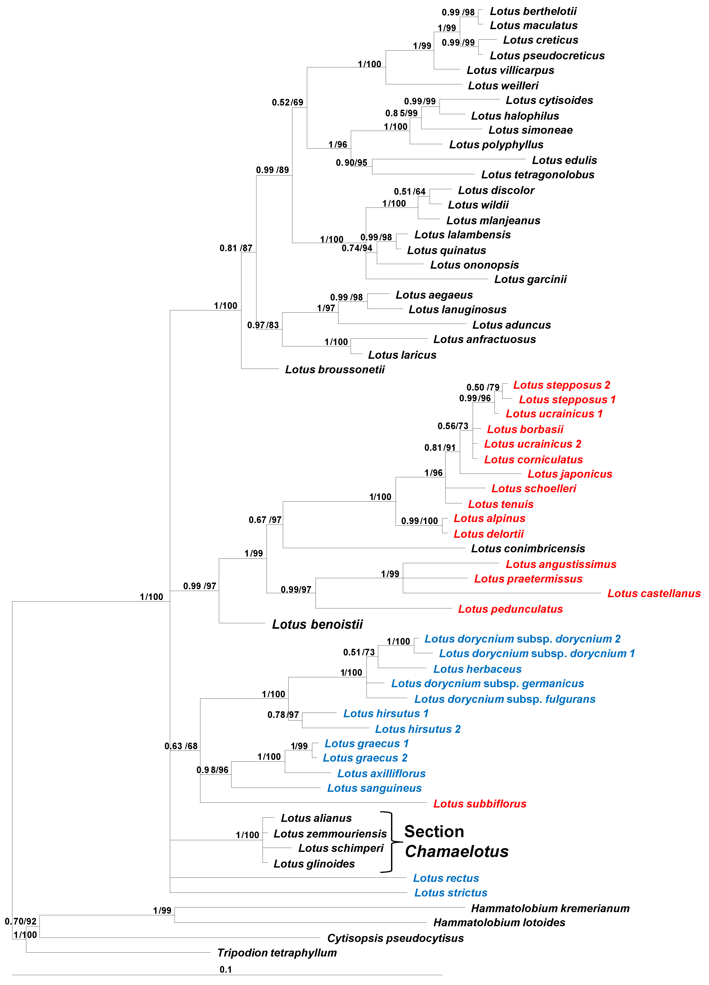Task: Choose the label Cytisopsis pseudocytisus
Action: [395, 938]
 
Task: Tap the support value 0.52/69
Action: [288, 102]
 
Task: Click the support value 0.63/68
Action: [181, 746]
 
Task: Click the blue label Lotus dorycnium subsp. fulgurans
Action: [504, 699]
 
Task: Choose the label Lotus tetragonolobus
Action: [538, 175]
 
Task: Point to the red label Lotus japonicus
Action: [570, 474]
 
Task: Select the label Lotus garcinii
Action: [530, 279]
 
